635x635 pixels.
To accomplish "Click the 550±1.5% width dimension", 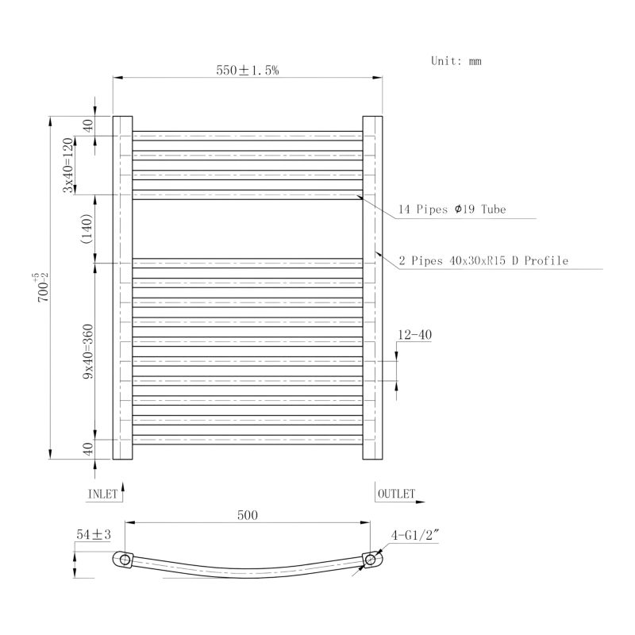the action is click(248, 71).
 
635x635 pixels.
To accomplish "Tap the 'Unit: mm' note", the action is click(456, 61).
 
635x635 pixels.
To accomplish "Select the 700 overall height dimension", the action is click(42, 287).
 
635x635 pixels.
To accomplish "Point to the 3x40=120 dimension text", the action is click(68, 165).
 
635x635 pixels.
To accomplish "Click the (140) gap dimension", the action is click(87, 229).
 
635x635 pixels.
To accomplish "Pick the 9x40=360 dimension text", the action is click(88, 352).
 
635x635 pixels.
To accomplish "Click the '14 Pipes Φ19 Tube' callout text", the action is click(452, 210).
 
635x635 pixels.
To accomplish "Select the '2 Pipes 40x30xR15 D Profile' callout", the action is click(483, 260).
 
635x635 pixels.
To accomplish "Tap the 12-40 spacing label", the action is click(414, 335).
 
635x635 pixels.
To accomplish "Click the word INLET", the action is click(102, 494).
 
